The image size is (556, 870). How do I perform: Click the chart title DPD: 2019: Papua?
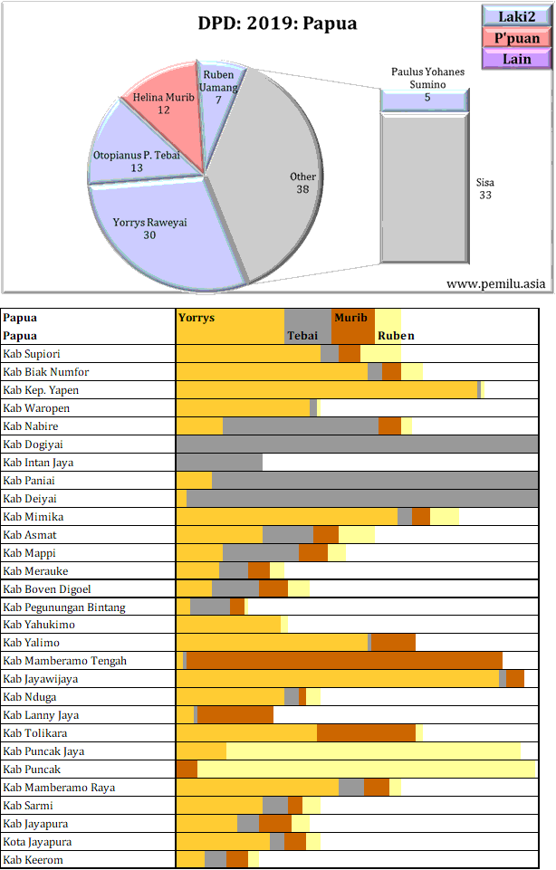coord(277,24)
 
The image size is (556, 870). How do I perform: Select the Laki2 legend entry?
coord(517,15)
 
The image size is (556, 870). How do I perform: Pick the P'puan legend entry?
coord(517,37)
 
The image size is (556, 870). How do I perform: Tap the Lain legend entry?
coord(517,59)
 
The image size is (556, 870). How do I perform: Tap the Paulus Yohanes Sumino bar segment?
coord(425,101)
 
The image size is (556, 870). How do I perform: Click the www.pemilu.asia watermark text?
coord(496,283)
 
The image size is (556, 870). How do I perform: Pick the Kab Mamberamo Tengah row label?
coord(64,661)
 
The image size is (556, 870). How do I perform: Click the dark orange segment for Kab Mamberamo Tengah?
coord(344,661)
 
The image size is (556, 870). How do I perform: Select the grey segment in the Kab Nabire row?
coord(301,426)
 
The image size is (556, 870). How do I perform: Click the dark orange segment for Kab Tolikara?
coord(366,733)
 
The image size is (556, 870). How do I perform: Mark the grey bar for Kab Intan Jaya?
coord(219,463)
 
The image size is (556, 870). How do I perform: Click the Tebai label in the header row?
coord(302,336)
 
